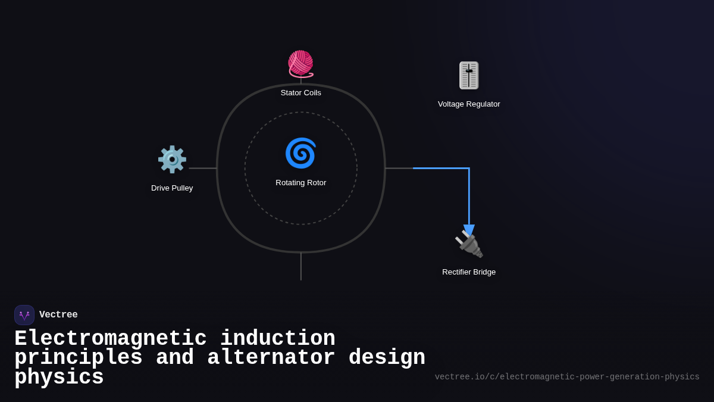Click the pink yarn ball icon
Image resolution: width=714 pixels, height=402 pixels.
click(x=300, y=64)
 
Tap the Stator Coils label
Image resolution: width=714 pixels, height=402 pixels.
click(x=300, y=93)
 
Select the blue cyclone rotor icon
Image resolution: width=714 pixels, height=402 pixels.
click(x=300, y=153)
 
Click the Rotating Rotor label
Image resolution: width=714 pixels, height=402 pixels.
click(x=300, y=183)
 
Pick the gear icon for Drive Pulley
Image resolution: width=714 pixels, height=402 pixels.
click(x=172, y=160)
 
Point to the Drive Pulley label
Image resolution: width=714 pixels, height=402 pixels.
click(x=172, y=188)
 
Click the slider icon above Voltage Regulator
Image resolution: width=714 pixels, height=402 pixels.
click(x=469, y=76)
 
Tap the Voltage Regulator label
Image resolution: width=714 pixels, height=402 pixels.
click(x=469, y=104)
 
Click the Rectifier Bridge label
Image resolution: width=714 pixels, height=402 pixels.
click(x=469, y=272)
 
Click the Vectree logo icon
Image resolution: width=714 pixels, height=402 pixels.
click(x=24, y=315)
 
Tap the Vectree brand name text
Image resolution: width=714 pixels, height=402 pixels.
click(x=58, y=315)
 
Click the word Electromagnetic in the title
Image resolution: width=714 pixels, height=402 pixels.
click(x=110, y=339)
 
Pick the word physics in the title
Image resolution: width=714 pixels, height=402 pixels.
click(x=59, y=378)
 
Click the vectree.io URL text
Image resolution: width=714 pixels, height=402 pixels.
click(x=567, y=377)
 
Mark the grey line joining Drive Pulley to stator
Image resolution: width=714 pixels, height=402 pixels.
click(x=203, y=168)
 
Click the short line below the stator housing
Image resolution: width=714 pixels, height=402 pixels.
click(x=301, y=266)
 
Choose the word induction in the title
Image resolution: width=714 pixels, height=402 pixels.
click(x=278, y=339)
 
